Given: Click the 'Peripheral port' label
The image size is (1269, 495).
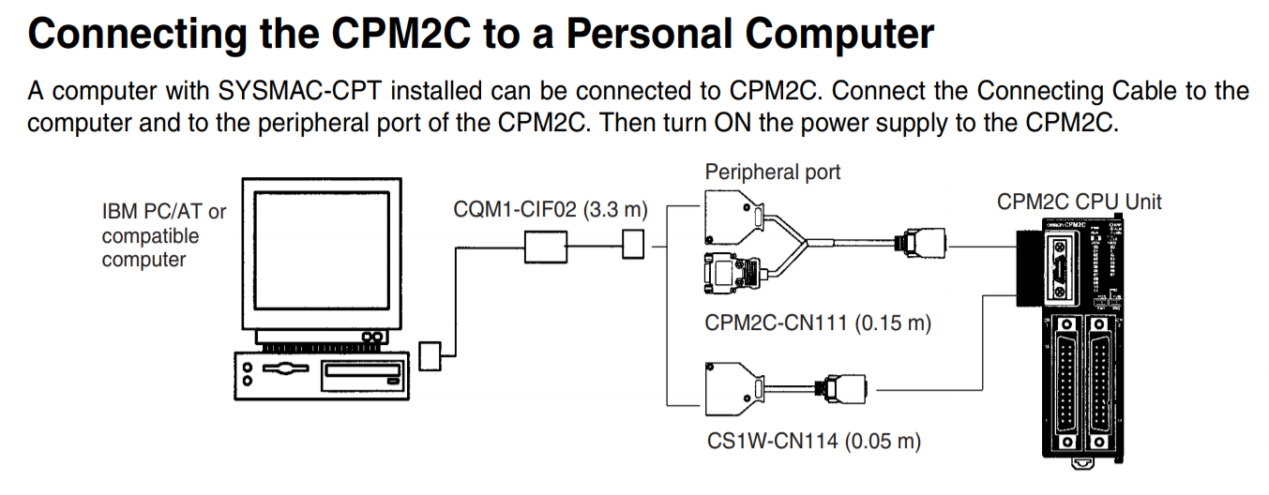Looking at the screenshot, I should pyautogui.click(x=772, y=172).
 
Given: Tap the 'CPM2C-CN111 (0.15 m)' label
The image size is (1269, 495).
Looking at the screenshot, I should pyautogui.click(x=818, y=323).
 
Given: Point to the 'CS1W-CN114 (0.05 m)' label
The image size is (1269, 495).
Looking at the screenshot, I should pyautogui.click(x=813, y=440).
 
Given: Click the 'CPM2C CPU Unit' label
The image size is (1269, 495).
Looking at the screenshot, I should pyautogui.click(x=1079, y=202).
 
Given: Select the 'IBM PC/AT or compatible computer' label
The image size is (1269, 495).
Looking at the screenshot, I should pyautogui.click(x=164, y=235).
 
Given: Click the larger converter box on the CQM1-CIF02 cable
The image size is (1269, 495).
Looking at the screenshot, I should pyautogui.click(x=543, y=248).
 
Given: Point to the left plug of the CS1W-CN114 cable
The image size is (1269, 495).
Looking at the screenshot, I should pyautogui.click(x=732, y=386).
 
